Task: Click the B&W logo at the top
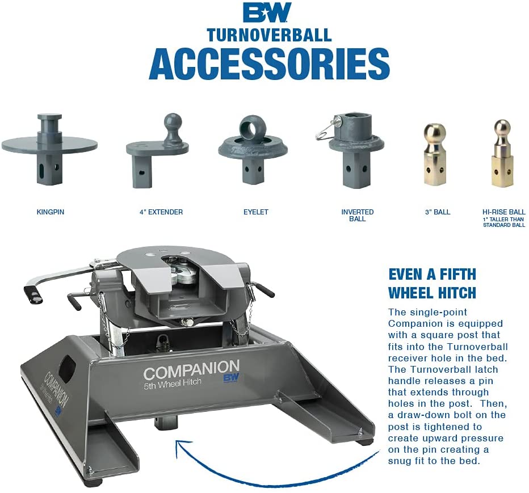point(267,12)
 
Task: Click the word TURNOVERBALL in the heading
point(268,35)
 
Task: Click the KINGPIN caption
point(50,212)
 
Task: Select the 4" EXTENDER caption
point(161,212)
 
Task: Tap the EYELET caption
point(255,212)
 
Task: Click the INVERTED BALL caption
point(357,215)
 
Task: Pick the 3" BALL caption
point(437,212)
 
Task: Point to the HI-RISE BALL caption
point(503,212)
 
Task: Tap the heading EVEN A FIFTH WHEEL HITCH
point(432,283)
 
